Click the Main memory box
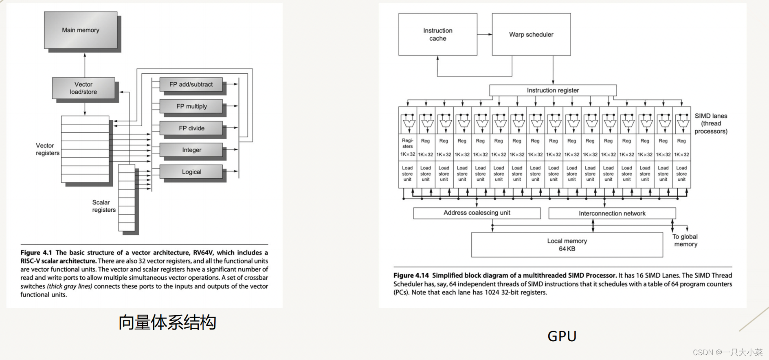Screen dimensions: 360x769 81,30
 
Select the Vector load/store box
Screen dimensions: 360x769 83,88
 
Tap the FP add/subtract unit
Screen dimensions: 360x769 191,84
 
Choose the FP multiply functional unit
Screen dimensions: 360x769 191,106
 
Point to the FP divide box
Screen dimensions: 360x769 191,128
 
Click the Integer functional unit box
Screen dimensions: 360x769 191,150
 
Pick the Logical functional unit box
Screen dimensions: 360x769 191,172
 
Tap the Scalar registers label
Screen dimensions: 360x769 103,206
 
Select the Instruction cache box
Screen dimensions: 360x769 437,35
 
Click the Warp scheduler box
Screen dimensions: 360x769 531,35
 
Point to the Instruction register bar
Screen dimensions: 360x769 553,90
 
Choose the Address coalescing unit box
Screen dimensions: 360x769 477,213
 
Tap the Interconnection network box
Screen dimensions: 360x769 612,213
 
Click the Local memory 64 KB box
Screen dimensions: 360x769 567,245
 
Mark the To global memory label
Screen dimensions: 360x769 685,240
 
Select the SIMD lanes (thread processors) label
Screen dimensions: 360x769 711,123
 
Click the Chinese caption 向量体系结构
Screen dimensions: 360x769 167,323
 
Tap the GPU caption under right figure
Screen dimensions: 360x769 562,336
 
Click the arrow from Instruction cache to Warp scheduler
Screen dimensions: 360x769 485,35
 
